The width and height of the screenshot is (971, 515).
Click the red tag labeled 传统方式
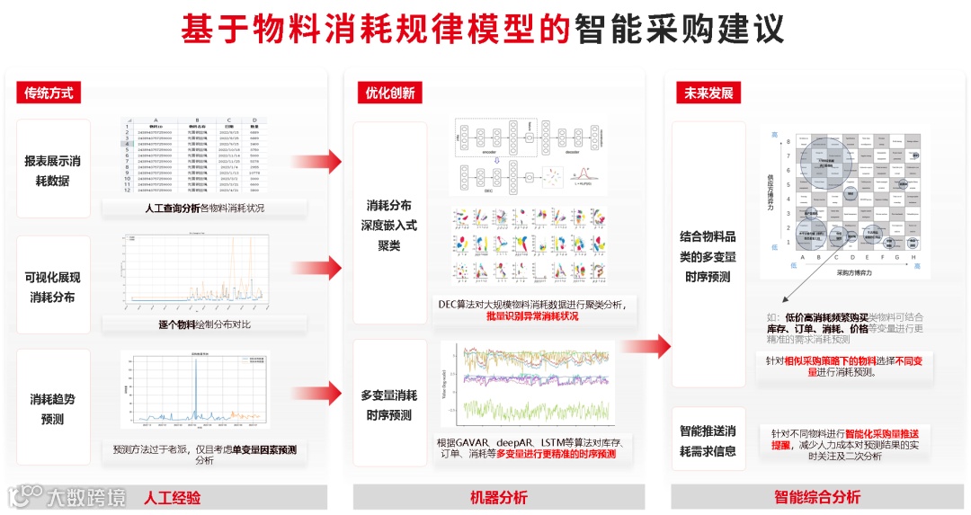pyautogui.click(x=48, y=93)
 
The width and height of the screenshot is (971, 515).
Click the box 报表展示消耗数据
pyautogui.click(x=53, y=170)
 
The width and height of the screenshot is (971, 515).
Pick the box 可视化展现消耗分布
pyautogui.click(x=53, y=287)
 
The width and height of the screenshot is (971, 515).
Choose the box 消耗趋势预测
pyautogui.click(x=53, y=408)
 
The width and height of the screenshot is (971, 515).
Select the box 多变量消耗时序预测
pyautogui.click(x=389, y=404)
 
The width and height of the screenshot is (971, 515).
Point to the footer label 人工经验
pyautogui.click(x=172, y=497)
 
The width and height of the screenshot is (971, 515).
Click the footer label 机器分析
pyautogui.click(x=499, y=497)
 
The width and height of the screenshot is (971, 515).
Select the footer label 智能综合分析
pyautogui.click(x=816, y=497)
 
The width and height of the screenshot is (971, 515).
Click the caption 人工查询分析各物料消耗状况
pyautogui.click(x=204, y=209)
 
